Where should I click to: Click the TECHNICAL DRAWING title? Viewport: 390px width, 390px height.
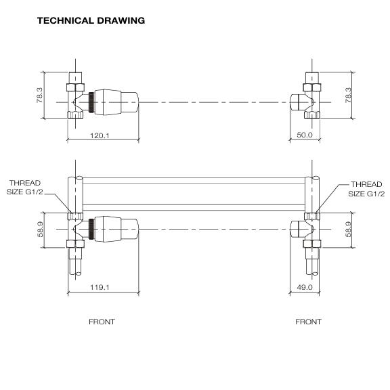coord(91,20)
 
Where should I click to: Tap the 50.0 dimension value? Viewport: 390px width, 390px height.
coord(305,135)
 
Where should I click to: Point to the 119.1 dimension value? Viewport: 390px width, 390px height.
coord(100,287)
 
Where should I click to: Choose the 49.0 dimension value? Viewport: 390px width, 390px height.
coord(305,287)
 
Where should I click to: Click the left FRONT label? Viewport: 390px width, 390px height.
coord(102,322)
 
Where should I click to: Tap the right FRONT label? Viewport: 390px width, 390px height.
coord(308,322)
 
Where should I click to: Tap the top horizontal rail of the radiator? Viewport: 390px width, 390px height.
coord(196,180)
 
